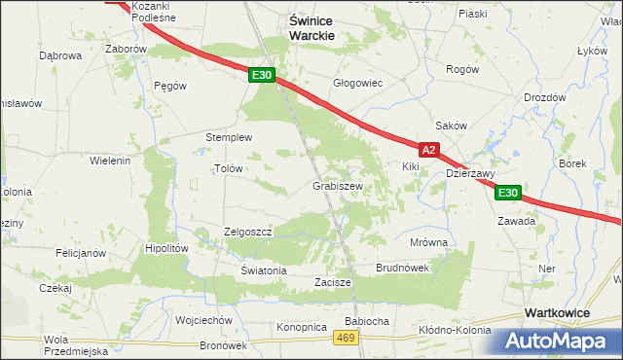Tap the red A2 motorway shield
coord(429,150)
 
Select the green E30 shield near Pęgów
coord(260,75)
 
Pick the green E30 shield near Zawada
coord(506,194)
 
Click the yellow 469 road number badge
coord(346,337)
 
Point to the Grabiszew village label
coord(338,186)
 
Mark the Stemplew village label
coord(229,137)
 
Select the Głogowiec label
coord(358,84)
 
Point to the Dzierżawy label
coord(471,174)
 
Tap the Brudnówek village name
coord(402,268)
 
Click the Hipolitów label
coord(166,248)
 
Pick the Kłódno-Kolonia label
coord(455,330)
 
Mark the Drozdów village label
coord(544,97)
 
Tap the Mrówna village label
coord(428,242)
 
